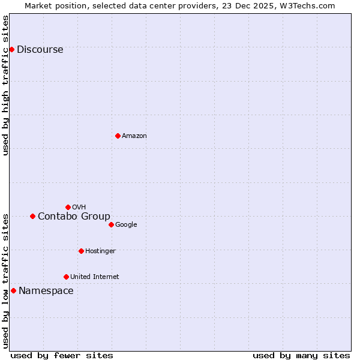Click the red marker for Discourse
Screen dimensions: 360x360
pos(11,49)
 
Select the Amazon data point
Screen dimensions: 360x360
pos(118,136)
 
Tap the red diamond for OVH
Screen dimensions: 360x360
pos(68,207)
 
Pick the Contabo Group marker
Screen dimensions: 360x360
pos(32,216)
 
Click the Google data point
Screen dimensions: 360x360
pos(111,224)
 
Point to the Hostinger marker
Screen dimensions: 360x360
pos(81,251)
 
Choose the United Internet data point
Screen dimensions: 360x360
pos(66,277)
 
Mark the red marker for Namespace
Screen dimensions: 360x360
pos(13,290)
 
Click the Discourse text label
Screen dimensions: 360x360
pos(40,50)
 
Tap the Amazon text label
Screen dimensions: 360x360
pos(134,136)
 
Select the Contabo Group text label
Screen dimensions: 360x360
pos(74,217)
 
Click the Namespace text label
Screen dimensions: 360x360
pos(46,291)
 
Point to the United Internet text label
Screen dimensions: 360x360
pos(94,277)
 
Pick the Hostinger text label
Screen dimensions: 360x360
pos(100,251)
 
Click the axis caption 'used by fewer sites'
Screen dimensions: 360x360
pos(62,355)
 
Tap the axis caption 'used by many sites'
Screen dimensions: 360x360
pos(301,355)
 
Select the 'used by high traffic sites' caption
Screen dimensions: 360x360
pos(6,85)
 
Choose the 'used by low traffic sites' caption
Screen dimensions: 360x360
pos(6,281)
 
